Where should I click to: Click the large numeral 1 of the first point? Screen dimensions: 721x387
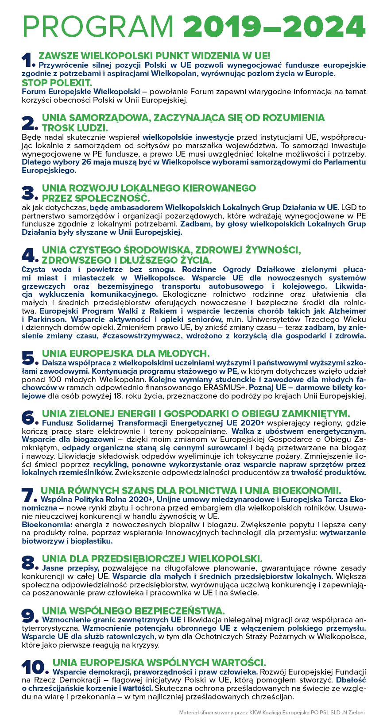(27, 60)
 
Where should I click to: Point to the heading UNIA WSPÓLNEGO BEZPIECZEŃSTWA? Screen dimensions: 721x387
(133, 611)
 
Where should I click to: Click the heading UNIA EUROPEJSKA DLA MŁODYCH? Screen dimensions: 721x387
(125, 353)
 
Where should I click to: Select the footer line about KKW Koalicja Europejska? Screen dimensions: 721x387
(272, 712)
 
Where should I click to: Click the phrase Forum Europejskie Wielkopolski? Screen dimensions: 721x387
(81, 92)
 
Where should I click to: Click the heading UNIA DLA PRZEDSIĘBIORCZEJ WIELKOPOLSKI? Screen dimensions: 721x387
(152, 559)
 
